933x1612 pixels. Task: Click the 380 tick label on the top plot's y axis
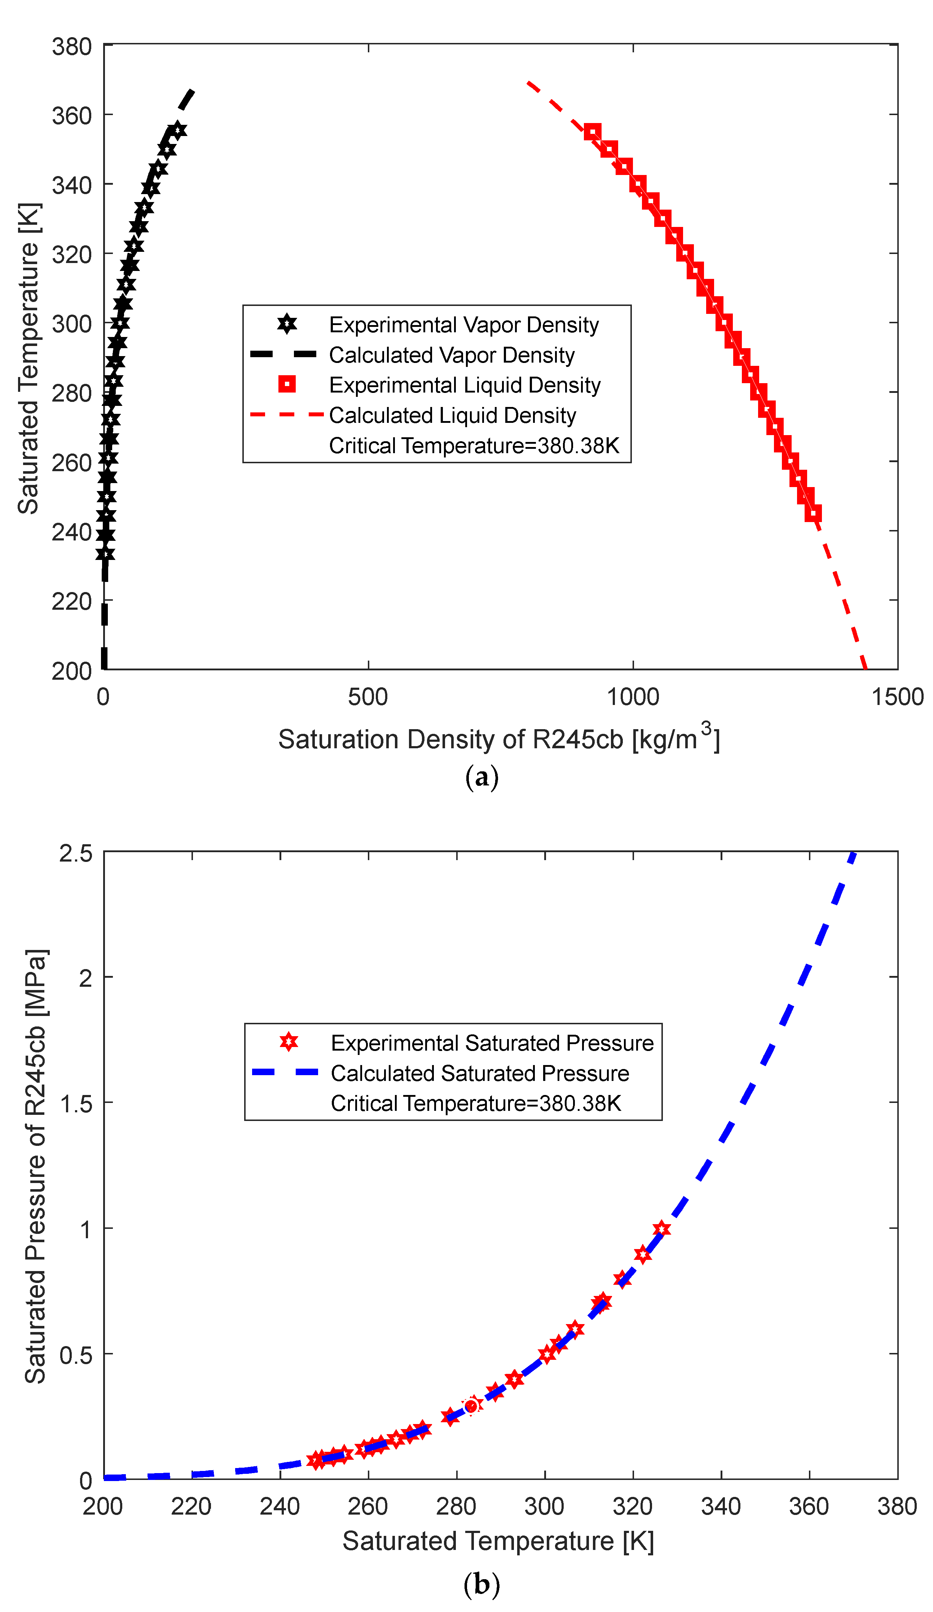(72, 47)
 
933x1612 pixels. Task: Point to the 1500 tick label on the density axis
(897, 697)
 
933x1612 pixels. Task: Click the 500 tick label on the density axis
(368, 697)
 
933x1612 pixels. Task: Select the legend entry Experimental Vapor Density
(464, 325)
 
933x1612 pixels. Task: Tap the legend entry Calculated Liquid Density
(452, 415)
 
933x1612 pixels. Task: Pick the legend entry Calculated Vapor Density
(452, 355)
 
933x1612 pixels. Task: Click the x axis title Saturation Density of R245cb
(499, 740)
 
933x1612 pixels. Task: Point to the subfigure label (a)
(481, 777)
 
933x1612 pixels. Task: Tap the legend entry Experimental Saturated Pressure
(492, 1043)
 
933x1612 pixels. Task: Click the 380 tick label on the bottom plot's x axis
(897, 1506)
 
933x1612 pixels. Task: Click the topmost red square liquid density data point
(592, 132)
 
